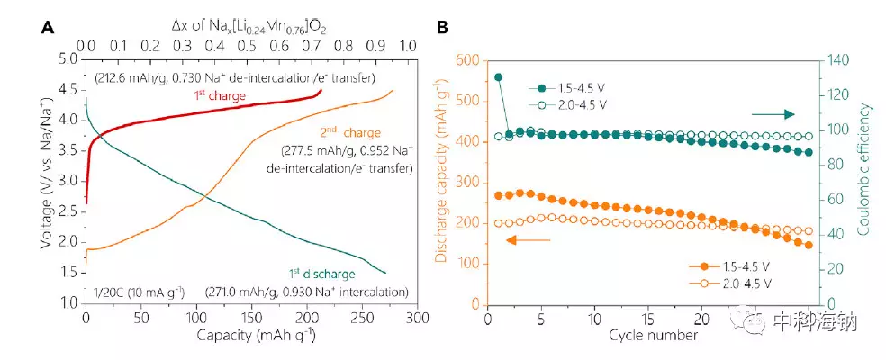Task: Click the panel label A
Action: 46,28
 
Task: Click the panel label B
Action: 443,28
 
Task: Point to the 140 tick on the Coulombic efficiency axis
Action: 837,59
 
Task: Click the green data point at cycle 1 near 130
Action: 498,77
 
